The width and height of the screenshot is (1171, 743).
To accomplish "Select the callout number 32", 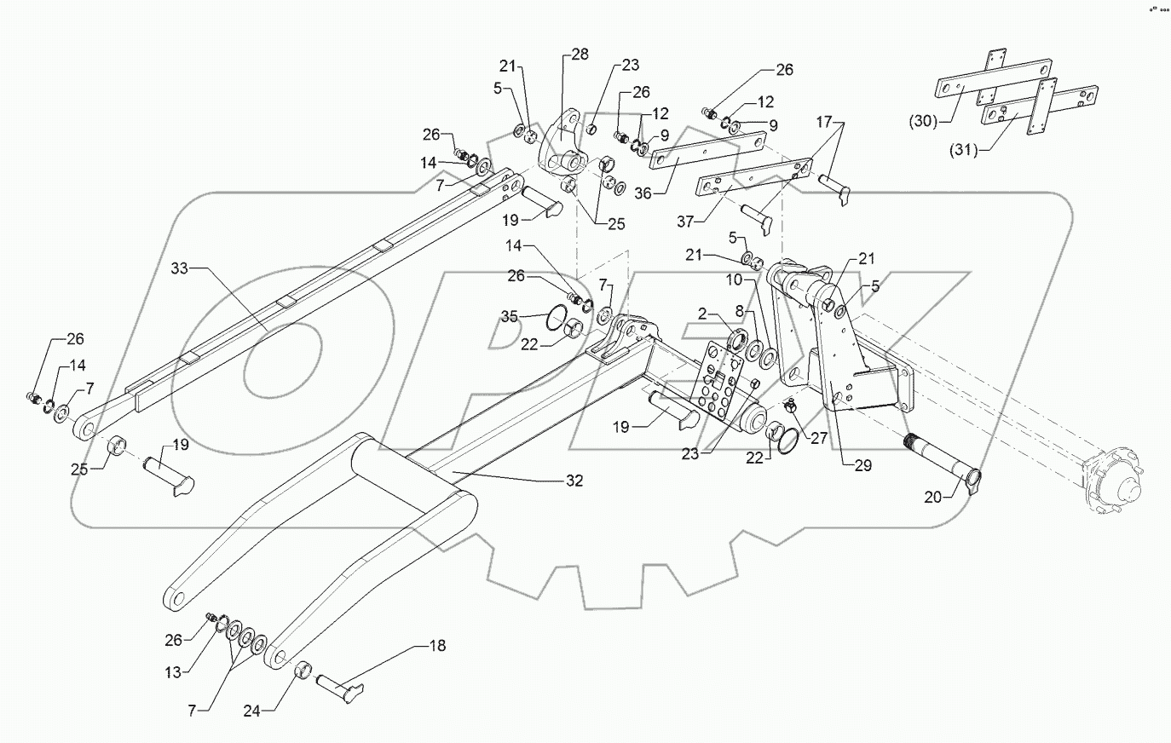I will tap(574, 481).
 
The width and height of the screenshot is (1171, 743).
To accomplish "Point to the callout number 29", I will tap(862, 465).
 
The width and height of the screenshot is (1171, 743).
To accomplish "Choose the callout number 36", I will tap(643, 193).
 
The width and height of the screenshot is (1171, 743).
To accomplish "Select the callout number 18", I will tap(437, 647).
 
